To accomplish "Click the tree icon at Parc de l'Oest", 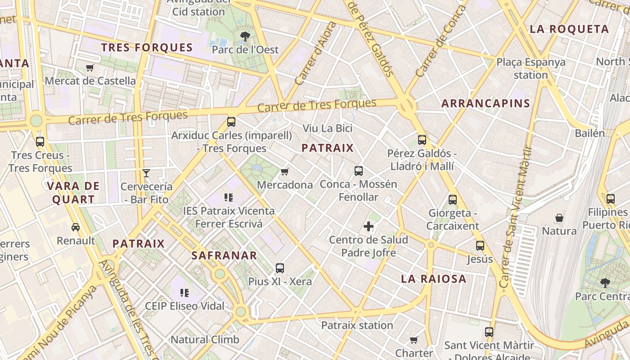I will pos(245,36).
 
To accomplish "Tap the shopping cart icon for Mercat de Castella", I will pos(90,68).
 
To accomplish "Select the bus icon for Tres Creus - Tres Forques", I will pos(40,142).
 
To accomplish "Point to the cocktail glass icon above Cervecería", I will pos(146,173).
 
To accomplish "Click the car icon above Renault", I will pos(76,227).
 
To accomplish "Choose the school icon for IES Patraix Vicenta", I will pos(228,198).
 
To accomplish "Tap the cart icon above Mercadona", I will pos(284,171).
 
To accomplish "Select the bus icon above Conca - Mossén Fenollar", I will pos(358,171).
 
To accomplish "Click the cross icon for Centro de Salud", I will pos(369,226).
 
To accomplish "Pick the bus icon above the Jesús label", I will pos(480,246).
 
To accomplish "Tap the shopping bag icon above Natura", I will pos(559,218).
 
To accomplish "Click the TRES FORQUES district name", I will pos(147,48).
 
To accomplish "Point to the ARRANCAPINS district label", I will pos(486,103).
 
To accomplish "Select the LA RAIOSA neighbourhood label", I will pos(433,279).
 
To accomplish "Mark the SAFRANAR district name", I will pos(224,256).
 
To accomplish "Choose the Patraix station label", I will pos(357,325).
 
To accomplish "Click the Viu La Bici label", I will pos(327,128).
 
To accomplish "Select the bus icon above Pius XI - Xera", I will pos(280,268).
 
